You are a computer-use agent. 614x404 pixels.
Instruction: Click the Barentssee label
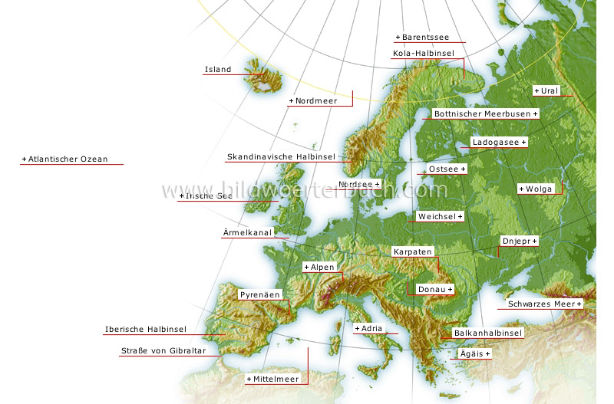pyautogui.click(x=422, y=37)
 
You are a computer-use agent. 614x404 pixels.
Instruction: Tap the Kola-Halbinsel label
pyautogui.click(x=423, y=53)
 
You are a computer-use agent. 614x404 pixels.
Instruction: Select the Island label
pyautogui.click(x=217, y=70)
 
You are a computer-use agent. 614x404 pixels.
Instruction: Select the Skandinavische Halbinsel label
pyautogui.click(x=280, y=157)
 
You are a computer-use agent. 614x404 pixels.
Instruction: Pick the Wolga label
pyautogui.click(x=536, y=189)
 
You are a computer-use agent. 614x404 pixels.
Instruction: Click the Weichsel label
pyautogui.click(x=439, y=216)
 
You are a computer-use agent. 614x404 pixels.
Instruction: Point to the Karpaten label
pyautogui.click(x=413, y=251)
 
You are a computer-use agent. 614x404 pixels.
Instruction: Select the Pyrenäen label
pyautogui.click(x=259, y=294)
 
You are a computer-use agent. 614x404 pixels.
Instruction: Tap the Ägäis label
pyautogui.click(x=474, y=354)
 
